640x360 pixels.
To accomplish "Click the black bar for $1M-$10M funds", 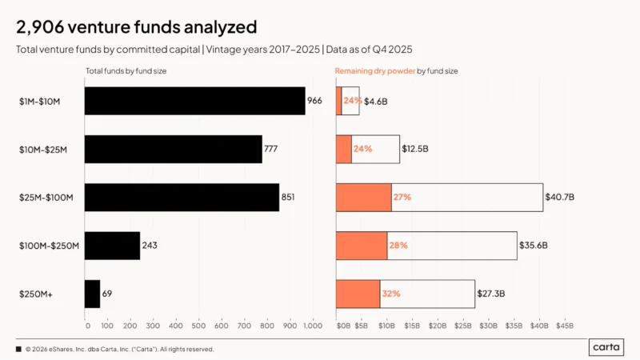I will (x=194, y=101).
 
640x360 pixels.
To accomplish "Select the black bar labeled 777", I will (x=173, y=149).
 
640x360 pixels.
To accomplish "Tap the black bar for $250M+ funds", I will (x=92, y=294).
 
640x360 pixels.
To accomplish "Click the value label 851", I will (x=288, y=197).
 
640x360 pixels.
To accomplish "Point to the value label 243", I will (x=149, y=246).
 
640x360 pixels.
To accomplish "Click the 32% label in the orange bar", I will (x=390, y=294).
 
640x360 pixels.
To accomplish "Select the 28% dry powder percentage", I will (x=398, y=246).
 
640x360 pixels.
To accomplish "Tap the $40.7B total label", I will (x=558, y=197).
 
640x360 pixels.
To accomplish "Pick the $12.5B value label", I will (x=415, y=149).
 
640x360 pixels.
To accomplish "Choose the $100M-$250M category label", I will (x=48, y=246).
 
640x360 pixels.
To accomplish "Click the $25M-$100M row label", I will (x=46, y=197).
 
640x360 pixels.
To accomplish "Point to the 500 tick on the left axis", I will (x=200, y=326).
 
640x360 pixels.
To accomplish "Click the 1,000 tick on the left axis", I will (x=312, y=326).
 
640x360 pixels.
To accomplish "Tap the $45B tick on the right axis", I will (x=565, y=326).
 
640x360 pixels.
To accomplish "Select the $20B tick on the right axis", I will (x=438, y=326).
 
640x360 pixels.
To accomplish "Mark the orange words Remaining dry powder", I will (x=375, y=71).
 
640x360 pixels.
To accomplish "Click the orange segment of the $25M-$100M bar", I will (x=363, y=197).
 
